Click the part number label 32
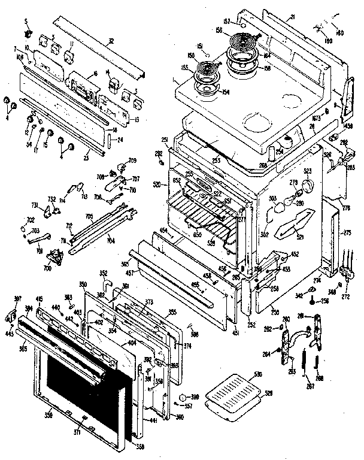[x=111, y=41]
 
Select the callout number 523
[x=308, y=172]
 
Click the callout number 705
[x=89, y=217]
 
